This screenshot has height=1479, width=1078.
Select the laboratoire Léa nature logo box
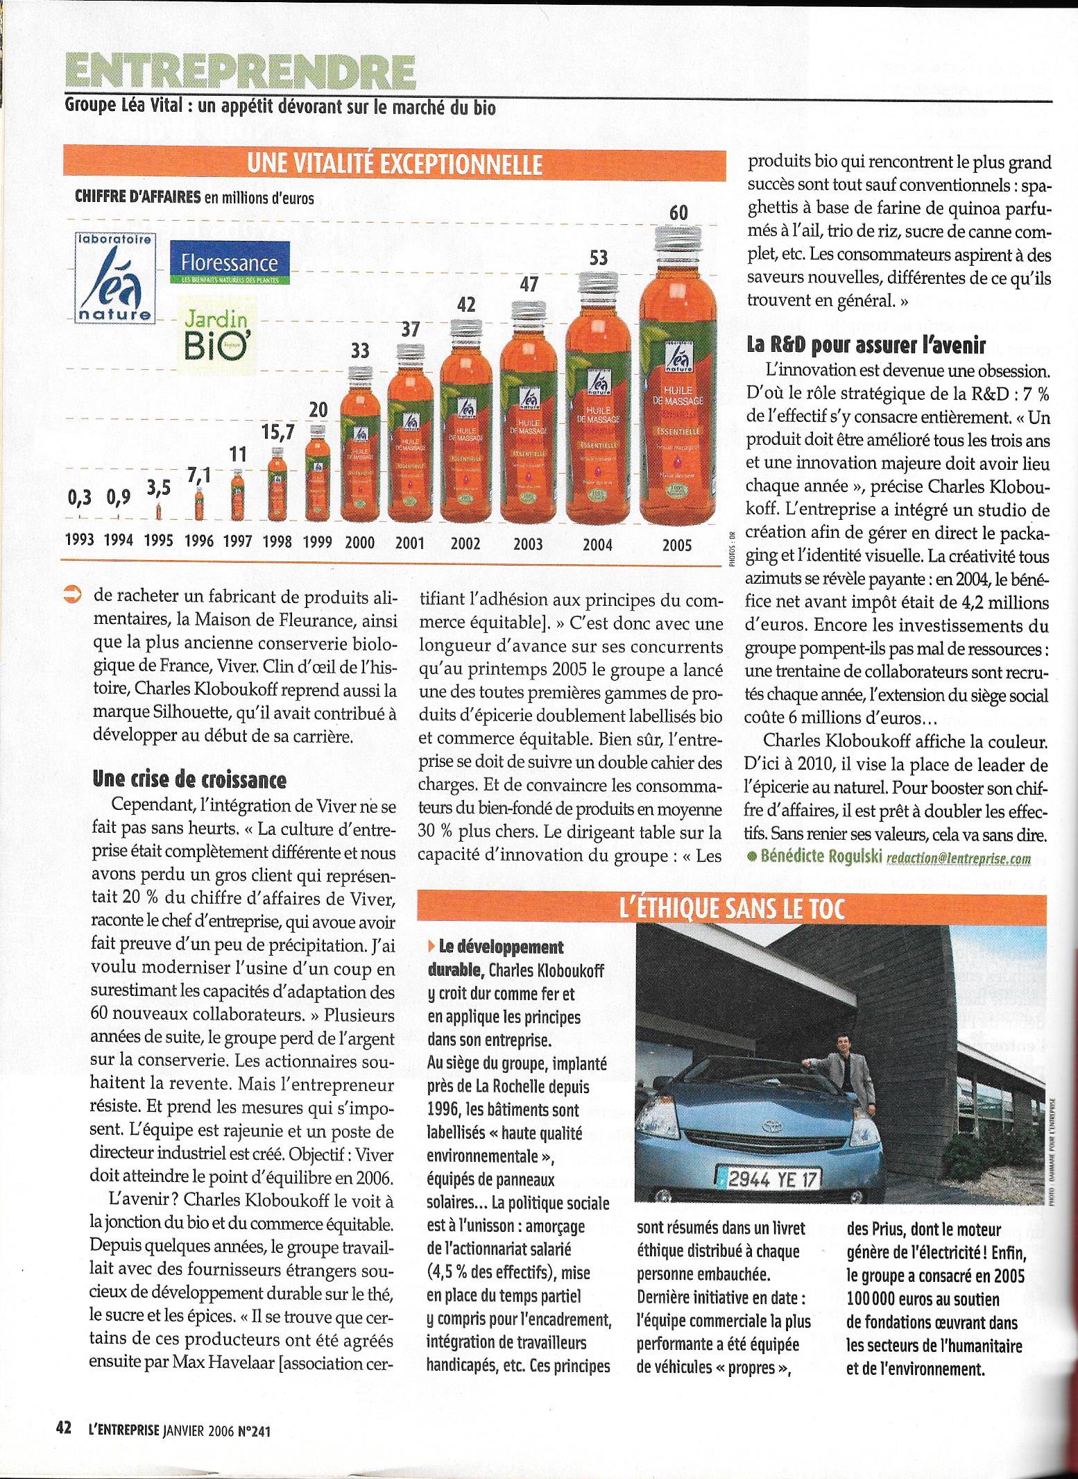coord(116,278)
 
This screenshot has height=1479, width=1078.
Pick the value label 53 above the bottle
coord(598,258)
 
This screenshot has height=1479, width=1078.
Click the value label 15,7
coord(278,432)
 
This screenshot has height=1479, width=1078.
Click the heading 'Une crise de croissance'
coord(189,780)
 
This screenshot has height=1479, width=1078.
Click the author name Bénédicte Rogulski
coord(821,858)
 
